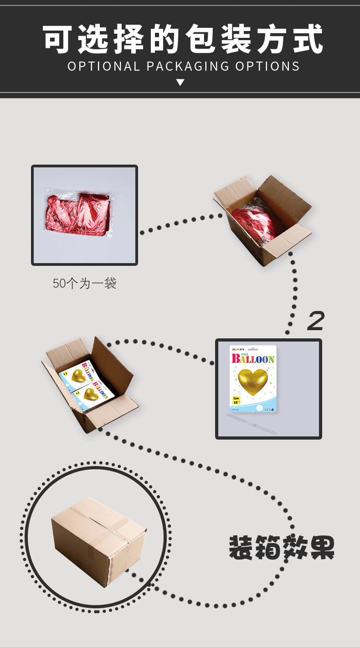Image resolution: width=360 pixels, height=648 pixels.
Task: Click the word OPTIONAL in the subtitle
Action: [x=104, y=67]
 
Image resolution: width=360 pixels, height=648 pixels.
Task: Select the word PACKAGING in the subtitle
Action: [x=188, y=67]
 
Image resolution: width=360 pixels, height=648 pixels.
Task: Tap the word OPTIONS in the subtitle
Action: [x=267, y=67]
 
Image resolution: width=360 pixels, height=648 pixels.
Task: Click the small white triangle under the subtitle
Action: [x=180, y=83]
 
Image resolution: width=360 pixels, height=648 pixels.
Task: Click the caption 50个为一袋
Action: [x=85, y=284]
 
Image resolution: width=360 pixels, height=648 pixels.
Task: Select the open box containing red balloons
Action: [x=262, y=219]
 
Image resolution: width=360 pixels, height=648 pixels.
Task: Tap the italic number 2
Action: [x=316, y=321]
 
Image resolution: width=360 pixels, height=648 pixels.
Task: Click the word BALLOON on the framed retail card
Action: [x=253, y=359]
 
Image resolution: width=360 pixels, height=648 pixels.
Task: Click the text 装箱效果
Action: [x=282, y=548]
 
